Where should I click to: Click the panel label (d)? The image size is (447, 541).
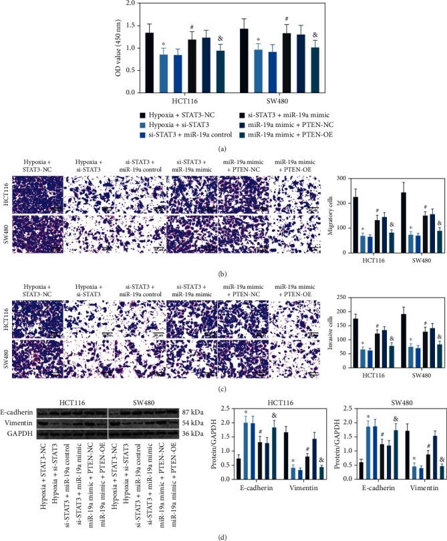(x=224, y=534)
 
